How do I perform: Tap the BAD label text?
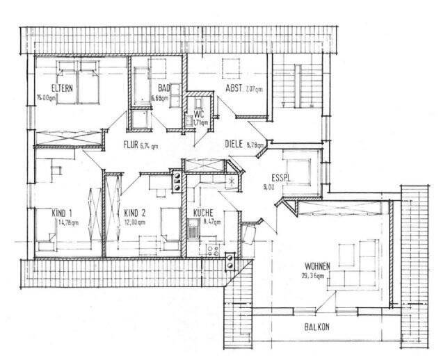click(164, 88)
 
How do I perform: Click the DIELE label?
click(234, 145)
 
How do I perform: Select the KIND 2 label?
click(134, 213)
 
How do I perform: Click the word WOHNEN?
click(316, 265)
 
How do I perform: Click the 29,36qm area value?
click(315, 275)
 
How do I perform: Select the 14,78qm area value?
click(67, 222)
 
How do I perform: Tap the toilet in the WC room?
click(189, 122)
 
